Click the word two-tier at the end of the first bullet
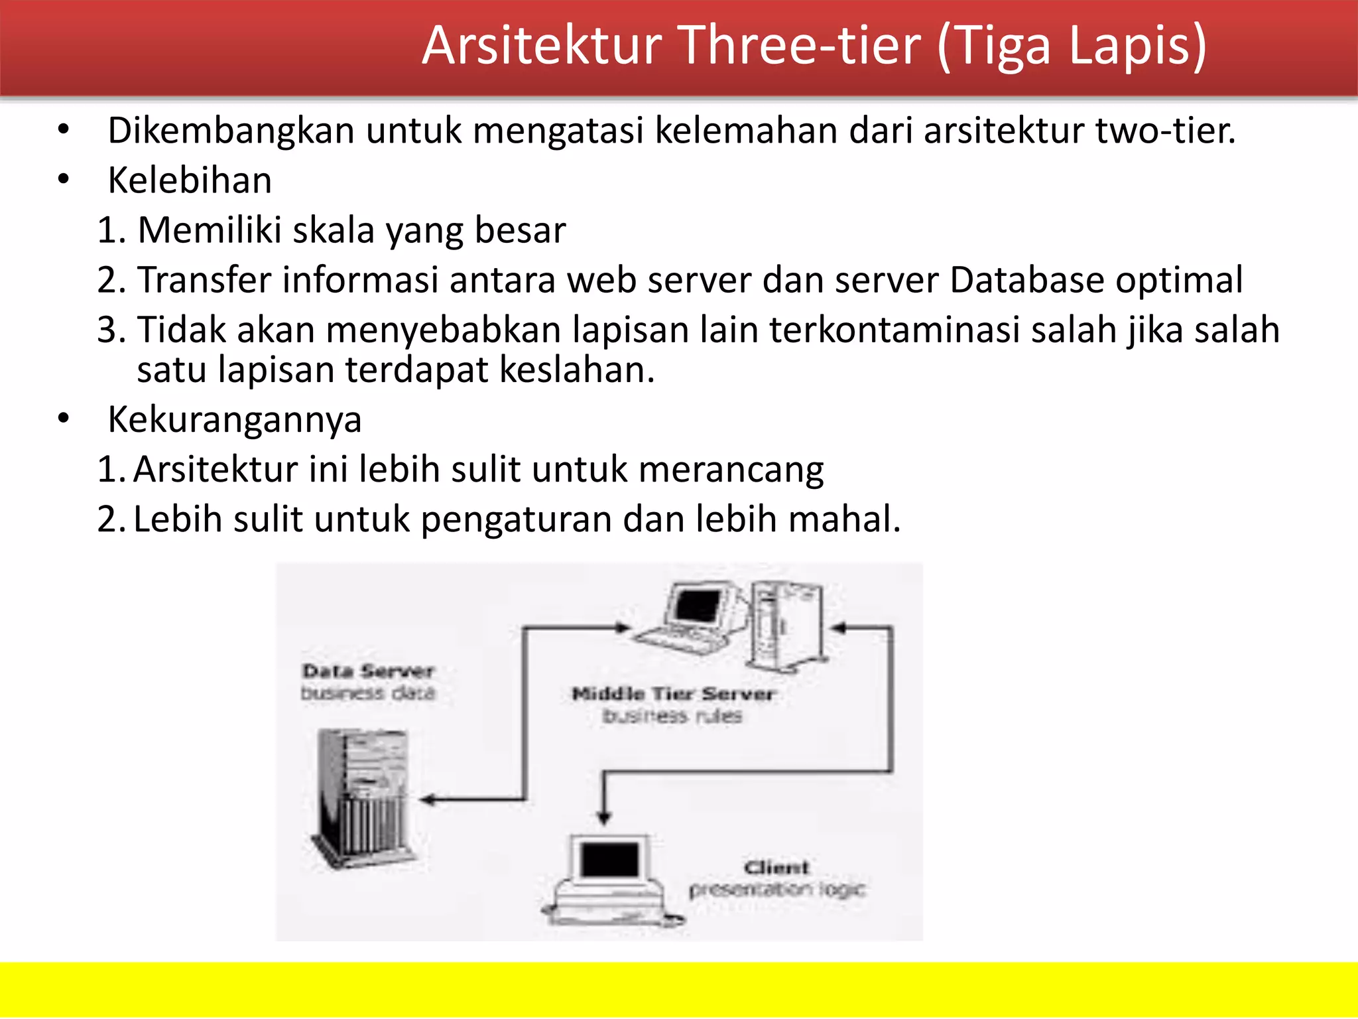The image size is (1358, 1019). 1164,130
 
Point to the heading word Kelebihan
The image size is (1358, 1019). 190,180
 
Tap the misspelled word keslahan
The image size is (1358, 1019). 576,370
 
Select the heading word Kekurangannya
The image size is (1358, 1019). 235,420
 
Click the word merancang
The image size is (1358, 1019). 731,470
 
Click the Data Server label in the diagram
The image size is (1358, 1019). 368,671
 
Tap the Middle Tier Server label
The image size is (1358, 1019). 672,694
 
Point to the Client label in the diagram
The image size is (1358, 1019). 776,867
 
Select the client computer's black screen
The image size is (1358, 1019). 609,860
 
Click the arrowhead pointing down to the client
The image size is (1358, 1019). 603,817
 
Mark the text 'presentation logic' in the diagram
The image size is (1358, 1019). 776,889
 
